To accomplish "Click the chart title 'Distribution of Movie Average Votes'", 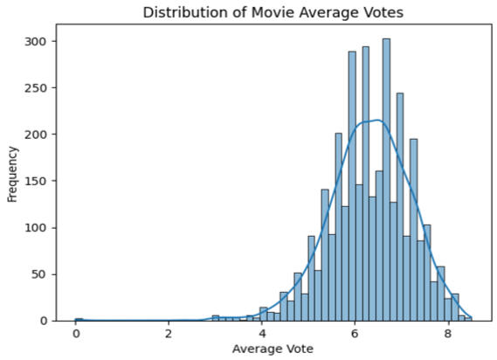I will coord(273,12).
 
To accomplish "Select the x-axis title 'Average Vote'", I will coord(273,349).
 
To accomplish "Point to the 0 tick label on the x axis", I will coord(76,333).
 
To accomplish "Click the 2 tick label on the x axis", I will coord(169,333).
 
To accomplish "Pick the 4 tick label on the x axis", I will coord(262,333).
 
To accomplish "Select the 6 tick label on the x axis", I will coord(355,333).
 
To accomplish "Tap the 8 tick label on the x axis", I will coord(447,333).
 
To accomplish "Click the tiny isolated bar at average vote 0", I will coord(79,319).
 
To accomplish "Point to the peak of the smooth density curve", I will coord(376,121).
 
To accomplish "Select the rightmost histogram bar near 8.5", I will coord(468,318).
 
